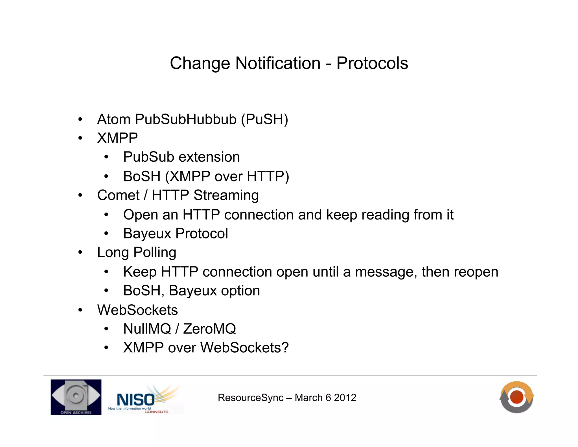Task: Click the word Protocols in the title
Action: click(372, 63)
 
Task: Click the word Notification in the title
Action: click(278, 63)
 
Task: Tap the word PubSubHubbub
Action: click(185, 119)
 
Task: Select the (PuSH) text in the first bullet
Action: click(264, 119)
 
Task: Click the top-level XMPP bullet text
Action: click(117, 138)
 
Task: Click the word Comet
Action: click(118, 195)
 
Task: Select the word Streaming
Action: click(226, 195)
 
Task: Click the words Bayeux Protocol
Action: click(175, 234)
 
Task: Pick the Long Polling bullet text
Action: click(137, 252)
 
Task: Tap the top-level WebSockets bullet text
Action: click(137, 310)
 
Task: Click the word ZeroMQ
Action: click(209, 329)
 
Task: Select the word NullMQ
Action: click(147, 329)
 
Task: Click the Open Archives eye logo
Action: click(76, 397)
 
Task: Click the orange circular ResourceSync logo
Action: click(516, 397)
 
